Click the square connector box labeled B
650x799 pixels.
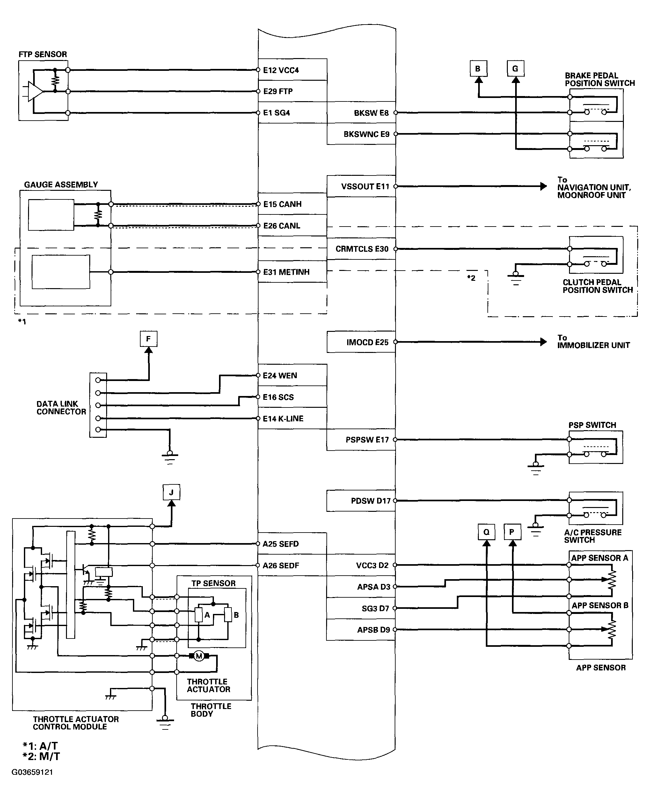(478, 69)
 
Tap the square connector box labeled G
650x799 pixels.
(515, 69)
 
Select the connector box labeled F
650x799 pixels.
(148, 339)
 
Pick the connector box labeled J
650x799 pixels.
(172, 492)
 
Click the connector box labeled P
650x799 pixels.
(512, 532)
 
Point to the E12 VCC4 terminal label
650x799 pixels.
(281, 70)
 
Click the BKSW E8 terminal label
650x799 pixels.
(371, 113)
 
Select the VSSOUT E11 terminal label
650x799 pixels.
(365, 186)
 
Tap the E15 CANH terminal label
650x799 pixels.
(282, 204)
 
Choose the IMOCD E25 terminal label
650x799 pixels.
(367, 342)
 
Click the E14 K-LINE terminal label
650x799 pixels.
(283, 419)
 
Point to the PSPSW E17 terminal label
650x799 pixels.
(367, 440)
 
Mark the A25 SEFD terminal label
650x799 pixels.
(281, 544)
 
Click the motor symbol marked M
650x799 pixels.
(199, 656)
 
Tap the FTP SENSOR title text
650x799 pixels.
(43, 54)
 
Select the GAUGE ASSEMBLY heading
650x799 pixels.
(61, 184)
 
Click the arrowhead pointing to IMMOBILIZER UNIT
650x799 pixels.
(543, 342)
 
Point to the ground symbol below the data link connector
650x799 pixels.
(170, 458)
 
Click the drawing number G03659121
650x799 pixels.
(32, 772)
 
